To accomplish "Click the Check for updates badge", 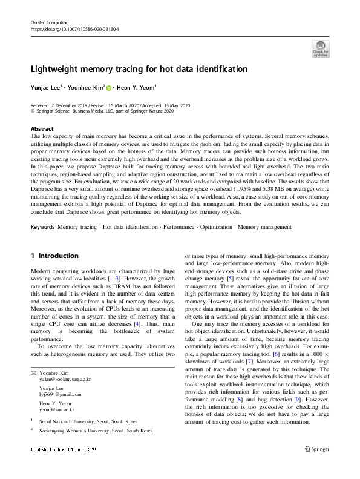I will click(x=320, y=48).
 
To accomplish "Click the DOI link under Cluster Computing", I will click(x=74, y=28).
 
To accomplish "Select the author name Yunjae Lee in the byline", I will click(x=49, y=88).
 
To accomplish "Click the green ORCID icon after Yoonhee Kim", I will click(x=110, y=88).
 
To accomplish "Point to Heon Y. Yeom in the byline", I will click(x=136, y=88).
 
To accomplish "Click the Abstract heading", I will click(x=42, y=129).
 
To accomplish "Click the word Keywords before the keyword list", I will click(x=42, y=226).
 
